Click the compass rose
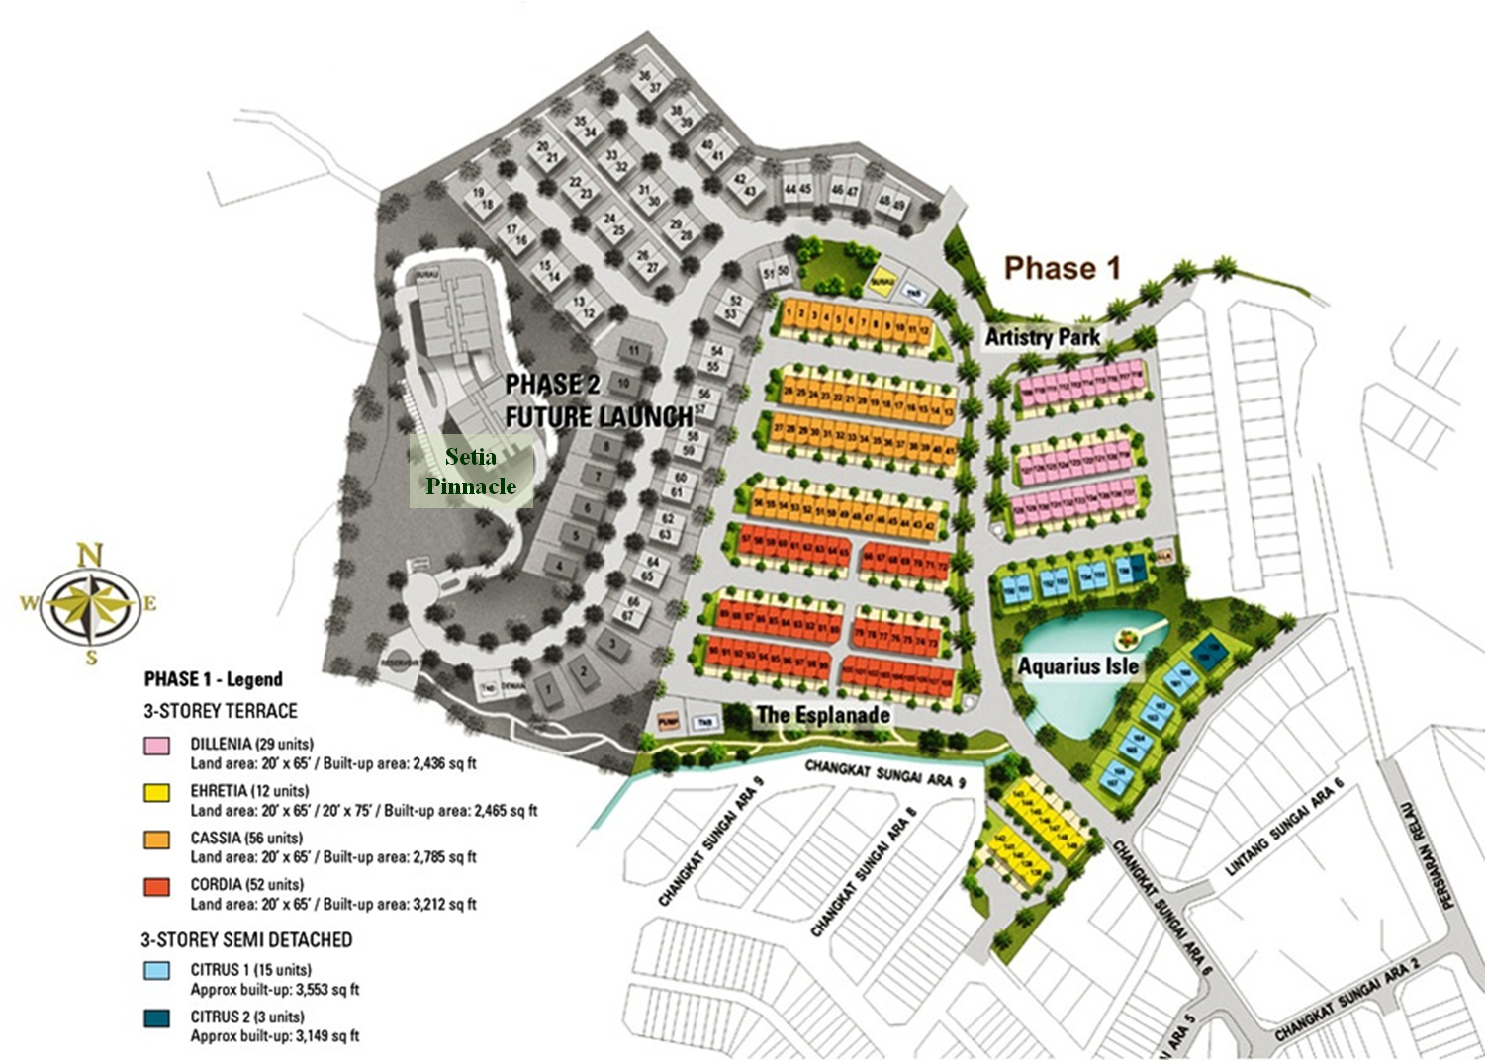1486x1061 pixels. pos(91,603)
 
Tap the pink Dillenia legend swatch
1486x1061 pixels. pos(155,745)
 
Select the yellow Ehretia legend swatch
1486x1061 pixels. pos(155,792)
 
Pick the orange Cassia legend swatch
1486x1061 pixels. pos(155,839)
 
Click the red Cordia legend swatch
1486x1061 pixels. pos(155,886)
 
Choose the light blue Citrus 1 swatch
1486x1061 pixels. pos(155,971)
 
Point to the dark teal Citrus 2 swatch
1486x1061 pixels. pos(155,1017)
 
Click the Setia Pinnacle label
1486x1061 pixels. pos(471,472)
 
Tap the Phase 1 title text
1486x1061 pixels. pos(1063,268)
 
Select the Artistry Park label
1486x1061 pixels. pos(1042,337)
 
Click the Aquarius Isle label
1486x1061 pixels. pos(1077,666)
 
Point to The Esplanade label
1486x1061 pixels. pos(823,714)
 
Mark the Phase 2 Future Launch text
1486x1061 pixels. pos(598,400)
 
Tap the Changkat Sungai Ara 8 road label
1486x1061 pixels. pos(864,871)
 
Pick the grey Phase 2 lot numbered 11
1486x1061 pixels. pos(633,351)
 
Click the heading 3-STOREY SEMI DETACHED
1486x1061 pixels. pos(246,939)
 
